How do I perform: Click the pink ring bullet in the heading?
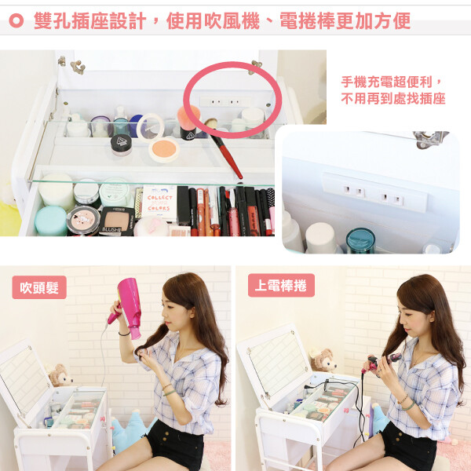pyautogui.click(x=16, y=20)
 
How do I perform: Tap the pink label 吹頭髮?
pyautogui.click(x=39, y=287)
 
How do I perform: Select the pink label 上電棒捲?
pyautogui.click(x=281, y=286)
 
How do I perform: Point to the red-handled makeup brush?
pyautogui.click(x=224, y=148)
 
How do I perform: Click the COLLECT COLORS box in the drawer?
pyautogui.click(x=159, y=203)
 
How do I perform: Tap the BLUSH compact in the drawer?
pyautogui.click(x=116, y=221)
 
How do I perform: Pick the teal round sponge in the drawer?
pyautogui.click(x=51, y=221)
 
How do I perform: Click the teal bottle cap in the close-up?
pyautogui.click(x=360, y=240)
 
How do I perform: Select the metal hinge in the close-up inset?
pyautogui.click(x=430, y=139)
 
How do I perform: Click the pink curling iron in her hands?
pyautogui.click(x=382, y=362)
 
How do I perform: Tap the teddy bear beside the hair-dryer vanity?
pyautogui.click(x=60, y=375)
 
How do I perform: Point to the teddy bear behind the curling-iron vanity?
pyautogui.click(x=323, y=360)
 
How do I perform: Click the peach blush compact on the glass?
pyautogui.click(x=164, y=149)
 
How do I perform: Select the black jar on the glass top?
pyautogui.click(x=121, y=144)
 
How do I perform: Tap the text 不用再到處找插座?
pyautogui.click(x=393, y=99)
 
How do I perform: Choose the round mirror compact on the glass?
pyautogui.click(x=150, y=128)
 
